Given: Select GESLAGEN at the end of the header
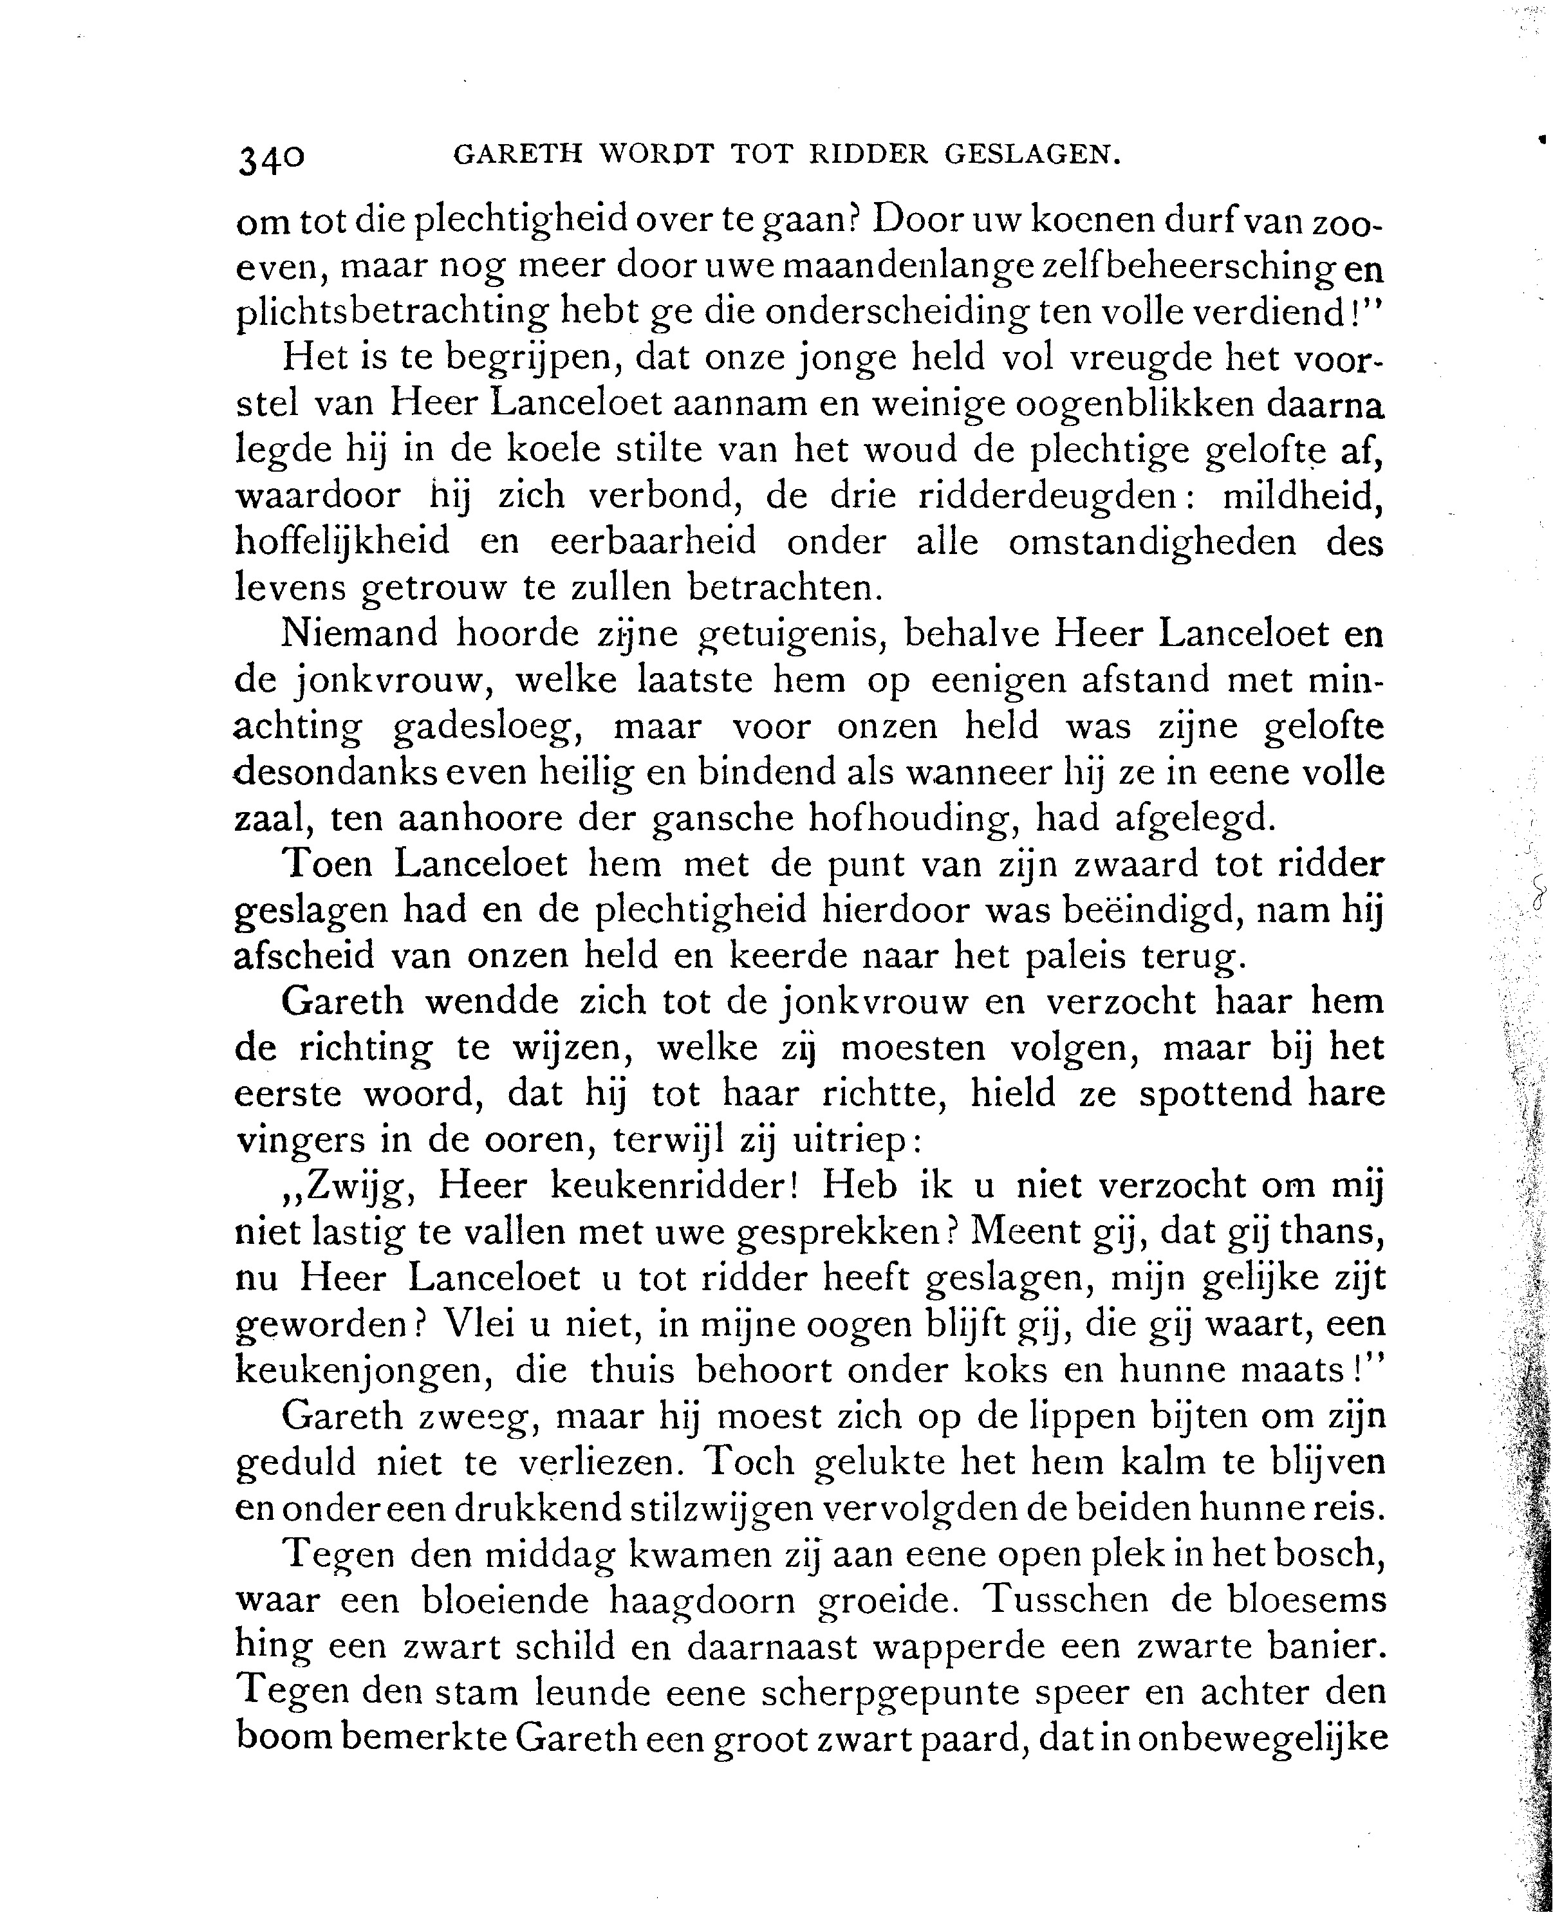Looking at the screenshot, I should [x=1032, y=156].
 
